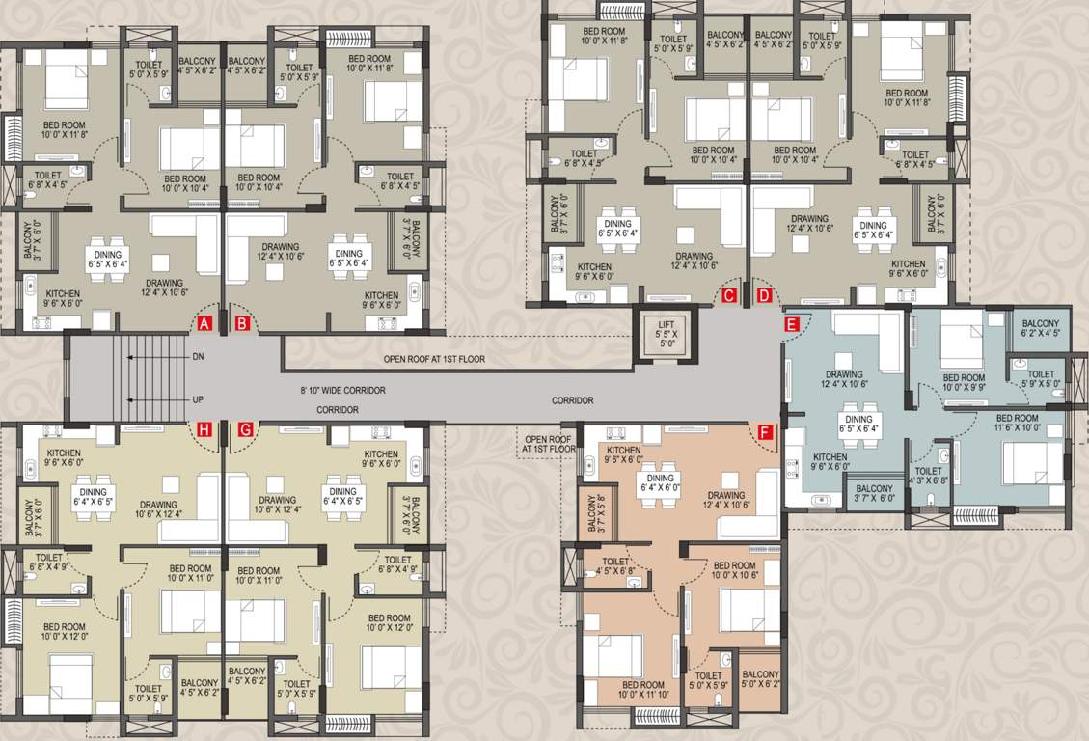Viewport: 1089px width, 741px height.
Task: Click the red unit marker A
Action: tap(204, 323)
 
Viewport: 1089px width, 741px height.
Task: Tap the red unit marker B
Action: tap(243, 323)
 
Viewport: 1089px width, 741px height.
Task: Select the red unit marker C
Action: tap(729, 295)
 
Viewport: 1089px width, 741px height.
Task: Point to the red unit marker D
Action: tap(765, 295)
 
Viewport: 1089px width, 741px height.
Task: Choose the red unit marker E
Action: tap(792, 324)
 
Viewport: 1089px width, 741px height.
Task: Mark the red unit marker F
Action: tap(765, 432)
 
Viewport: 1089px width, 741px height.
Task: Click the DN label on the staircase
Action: tap(198, 357)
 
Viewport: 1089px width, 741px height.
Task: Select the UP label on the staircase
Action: tap(198, 398)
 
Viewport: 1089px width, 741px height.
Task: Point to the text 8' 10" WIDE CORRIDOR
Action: tap(342, 391)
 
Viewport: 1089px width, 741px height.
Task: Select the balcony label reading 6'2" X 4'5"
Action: tap(1041, 329)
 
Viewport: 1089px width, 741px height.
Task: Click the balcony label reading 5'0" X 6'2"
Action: tap(761, 680)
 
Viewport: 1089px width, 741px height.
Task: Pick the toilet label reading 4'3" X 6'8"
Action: tap(929, 478)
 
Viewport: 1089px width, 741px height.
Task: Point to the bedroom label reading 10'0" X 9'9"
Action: tap(963, 383)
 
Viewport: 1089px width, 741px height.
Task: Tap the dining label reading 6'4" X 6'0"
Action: tap(661, 483)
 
